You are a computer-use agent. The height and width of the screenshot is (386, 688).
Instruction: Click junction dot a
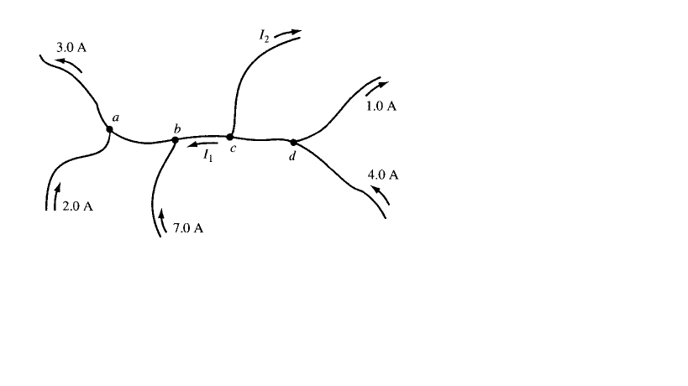[109, 128]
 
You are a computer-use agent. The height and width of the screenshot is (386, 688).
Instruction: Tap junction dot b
[175, 140]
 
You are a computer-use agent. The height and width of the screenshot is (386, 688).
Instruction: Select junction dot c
[230, 137]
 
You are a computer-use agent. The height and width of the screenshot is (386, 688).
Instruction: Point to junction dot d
[293, 142]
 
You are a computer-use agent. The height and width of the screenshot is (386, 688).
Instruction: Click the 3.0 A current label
[71, 48]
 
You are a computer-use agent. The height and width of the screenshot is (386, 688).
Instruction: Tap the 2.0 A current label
[77, 207]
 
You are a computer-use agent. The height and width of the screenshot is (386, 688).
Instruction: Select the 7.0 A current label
[188, 228]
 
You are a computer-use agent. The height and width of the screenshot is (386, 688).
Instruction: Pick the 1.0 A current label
[381, 107]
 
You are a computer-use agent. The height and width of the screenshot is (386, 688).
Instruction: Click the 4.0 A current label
[383, 175]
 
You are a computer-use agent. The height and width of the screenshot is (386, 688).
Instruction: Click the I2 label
[265, 34]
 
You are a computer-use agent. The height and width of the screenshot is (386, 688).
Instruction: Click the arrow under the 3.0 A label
[71, 65]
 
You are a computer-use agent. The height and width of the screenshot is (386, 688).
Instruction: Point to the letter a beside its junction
[116, 118]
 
